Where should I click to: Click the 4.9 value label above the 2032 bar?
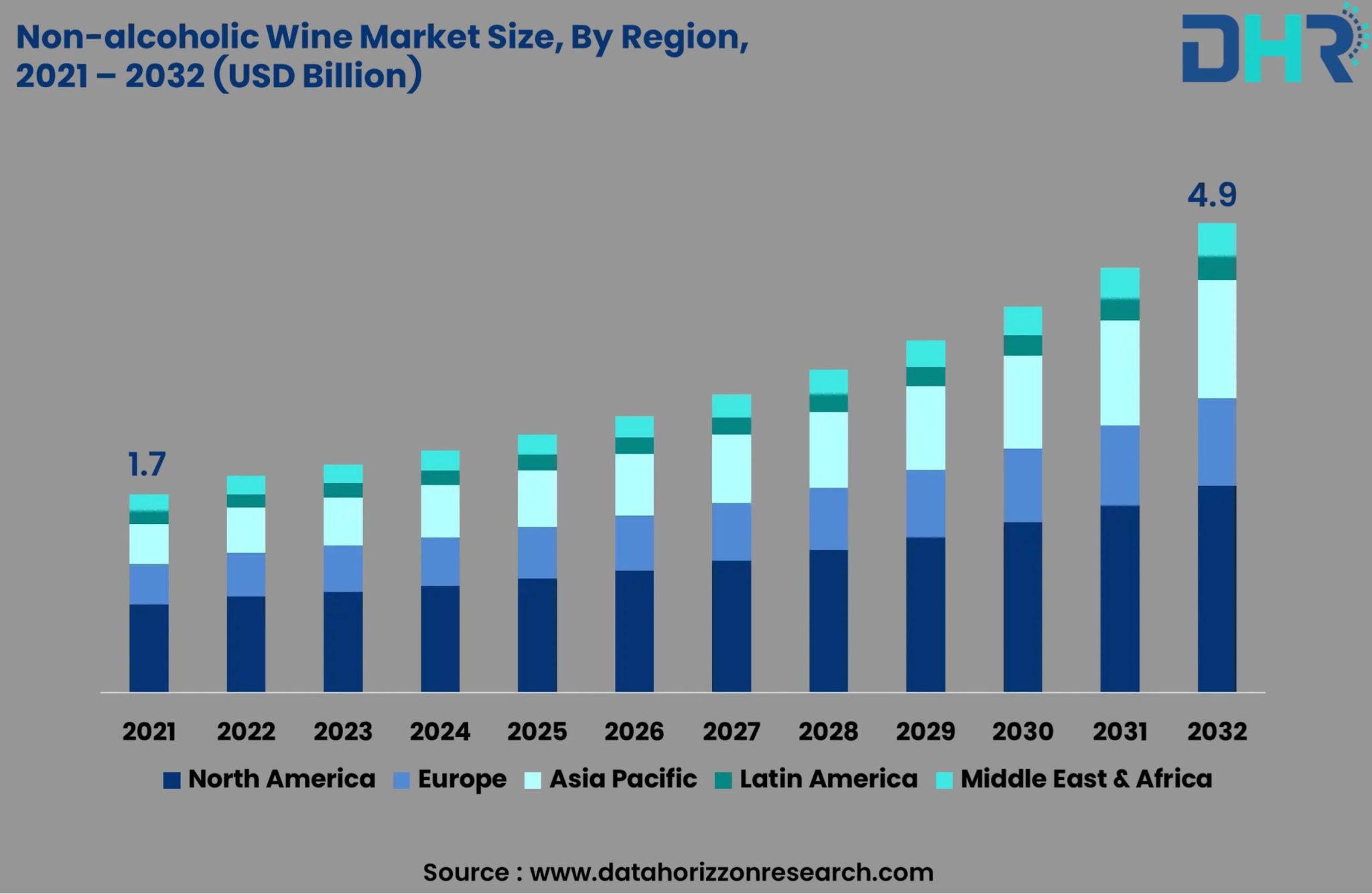coord(1212,195)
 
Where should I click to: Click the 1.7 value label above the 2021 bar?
coord(146,464)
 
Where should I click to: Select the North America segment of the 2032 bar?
coord(1217,588)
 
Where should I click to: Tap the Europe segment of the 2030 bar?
coord(1022,485)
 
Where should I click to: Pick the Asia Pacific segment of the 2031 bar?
coord(1119,373)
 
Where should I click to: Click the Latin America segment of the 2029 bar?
coord(925,377)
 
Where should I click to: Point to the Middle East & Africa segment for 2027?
coord(731,406)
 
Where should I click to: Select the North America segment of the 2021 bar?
coord(149,647)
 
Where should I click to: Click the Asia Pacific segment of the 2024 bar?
coord(440,511)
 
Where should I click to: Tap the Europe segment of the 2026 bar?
coord(634,543)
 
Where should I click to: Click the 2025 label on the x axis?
coord(537,731)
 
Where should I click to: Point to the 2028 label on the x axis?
coord(828,731)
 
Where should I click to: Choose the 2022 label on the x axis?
coord(246,731)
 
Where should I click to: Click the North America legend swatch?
coord(172,780)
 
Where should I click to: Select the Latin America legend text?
coord(828,779)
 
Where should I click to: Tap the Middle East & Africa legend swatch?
coord(944,780)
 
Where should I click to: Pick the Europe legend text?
coord(462,779)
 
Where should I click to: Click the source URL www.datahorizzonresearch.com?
coord(731,873)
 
